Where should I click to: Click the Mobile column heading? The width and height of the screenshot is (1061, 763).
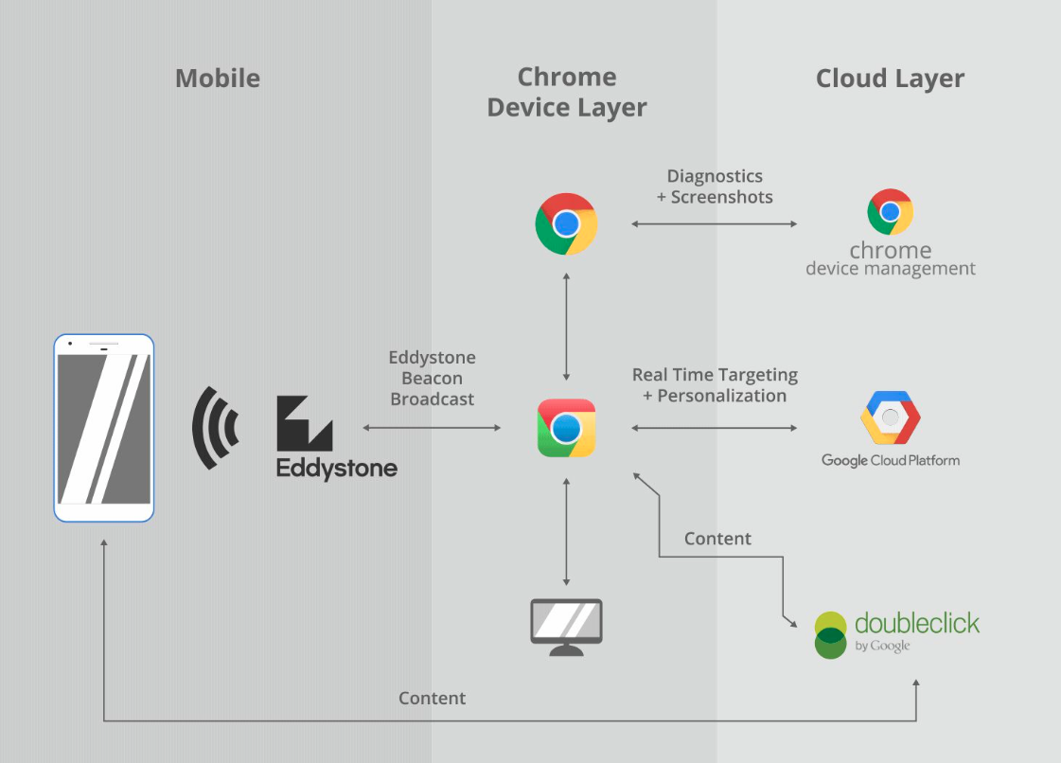(218, 78)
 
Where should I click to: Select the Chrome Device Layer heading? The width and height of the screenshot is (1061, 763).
(567, 92)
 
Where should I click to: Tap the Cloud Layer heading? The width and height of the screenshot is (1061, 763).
(890, 78)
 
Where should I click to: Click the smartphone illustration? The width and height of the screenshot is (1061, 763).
(104, 427)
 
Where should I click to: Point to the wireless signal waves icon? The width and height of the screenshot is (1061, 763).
(216, 428)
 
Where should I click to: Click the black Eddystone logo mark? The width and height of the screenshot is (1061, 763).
(304, 423)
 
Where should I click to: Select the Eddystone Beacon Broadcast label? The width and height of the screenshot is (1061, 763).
(433, 379)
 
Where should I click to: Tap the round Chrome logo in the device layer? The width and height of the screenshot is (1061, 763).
(566, 224)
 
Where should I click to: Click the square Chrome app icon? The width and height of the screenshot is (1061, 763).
(566, 428)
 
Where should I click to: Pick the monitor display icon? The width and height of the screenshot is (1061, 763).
(566, 626)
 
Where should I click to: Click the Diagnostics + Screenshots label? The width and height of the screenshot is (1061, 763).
(715, 186)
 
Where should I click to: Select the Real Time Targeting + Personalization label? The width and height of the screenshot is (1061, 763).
(715, 385)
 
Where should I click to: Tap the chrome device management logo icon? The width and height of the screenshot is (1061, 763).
(890, 212)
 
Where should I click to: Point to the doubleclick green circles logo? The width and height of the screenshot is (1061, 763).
(830, 635)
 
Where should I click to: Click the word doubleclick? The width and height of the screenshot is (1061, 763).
(916, 623)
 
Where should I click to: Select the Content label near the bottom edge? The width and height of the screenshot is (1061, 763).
(433, 699)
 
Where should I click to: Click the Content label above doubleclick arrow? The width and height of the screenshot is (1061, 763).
(717, 539)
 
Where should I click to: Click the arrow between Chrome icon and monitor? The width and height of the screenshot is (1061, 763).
(566, 532)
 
